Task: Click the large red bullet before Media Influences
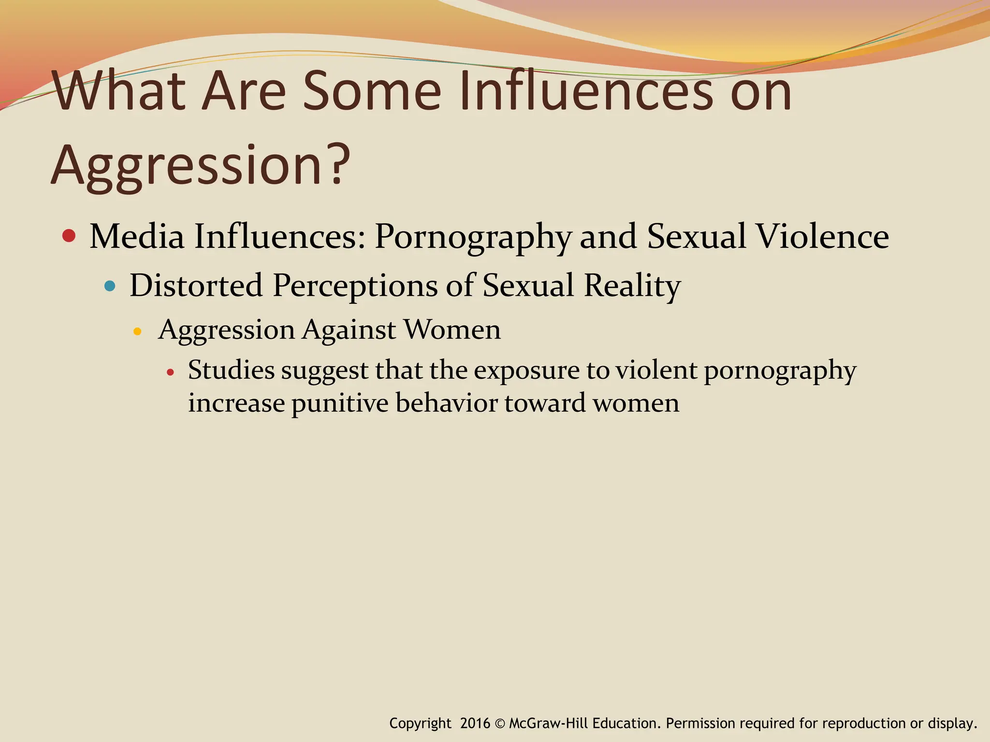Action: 69,236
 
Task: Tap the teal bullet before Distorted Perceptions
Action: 110,286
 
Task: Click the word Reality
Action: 632,286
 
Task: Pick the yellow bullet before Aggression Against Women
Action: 137,331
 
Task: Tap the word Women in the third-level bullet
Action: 452,330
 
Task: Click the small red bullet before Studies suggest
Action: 170,373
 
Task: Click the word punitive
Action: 339,403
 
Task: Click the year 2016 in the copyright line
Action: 475,723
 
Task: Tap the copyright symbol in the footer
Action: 500,723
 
